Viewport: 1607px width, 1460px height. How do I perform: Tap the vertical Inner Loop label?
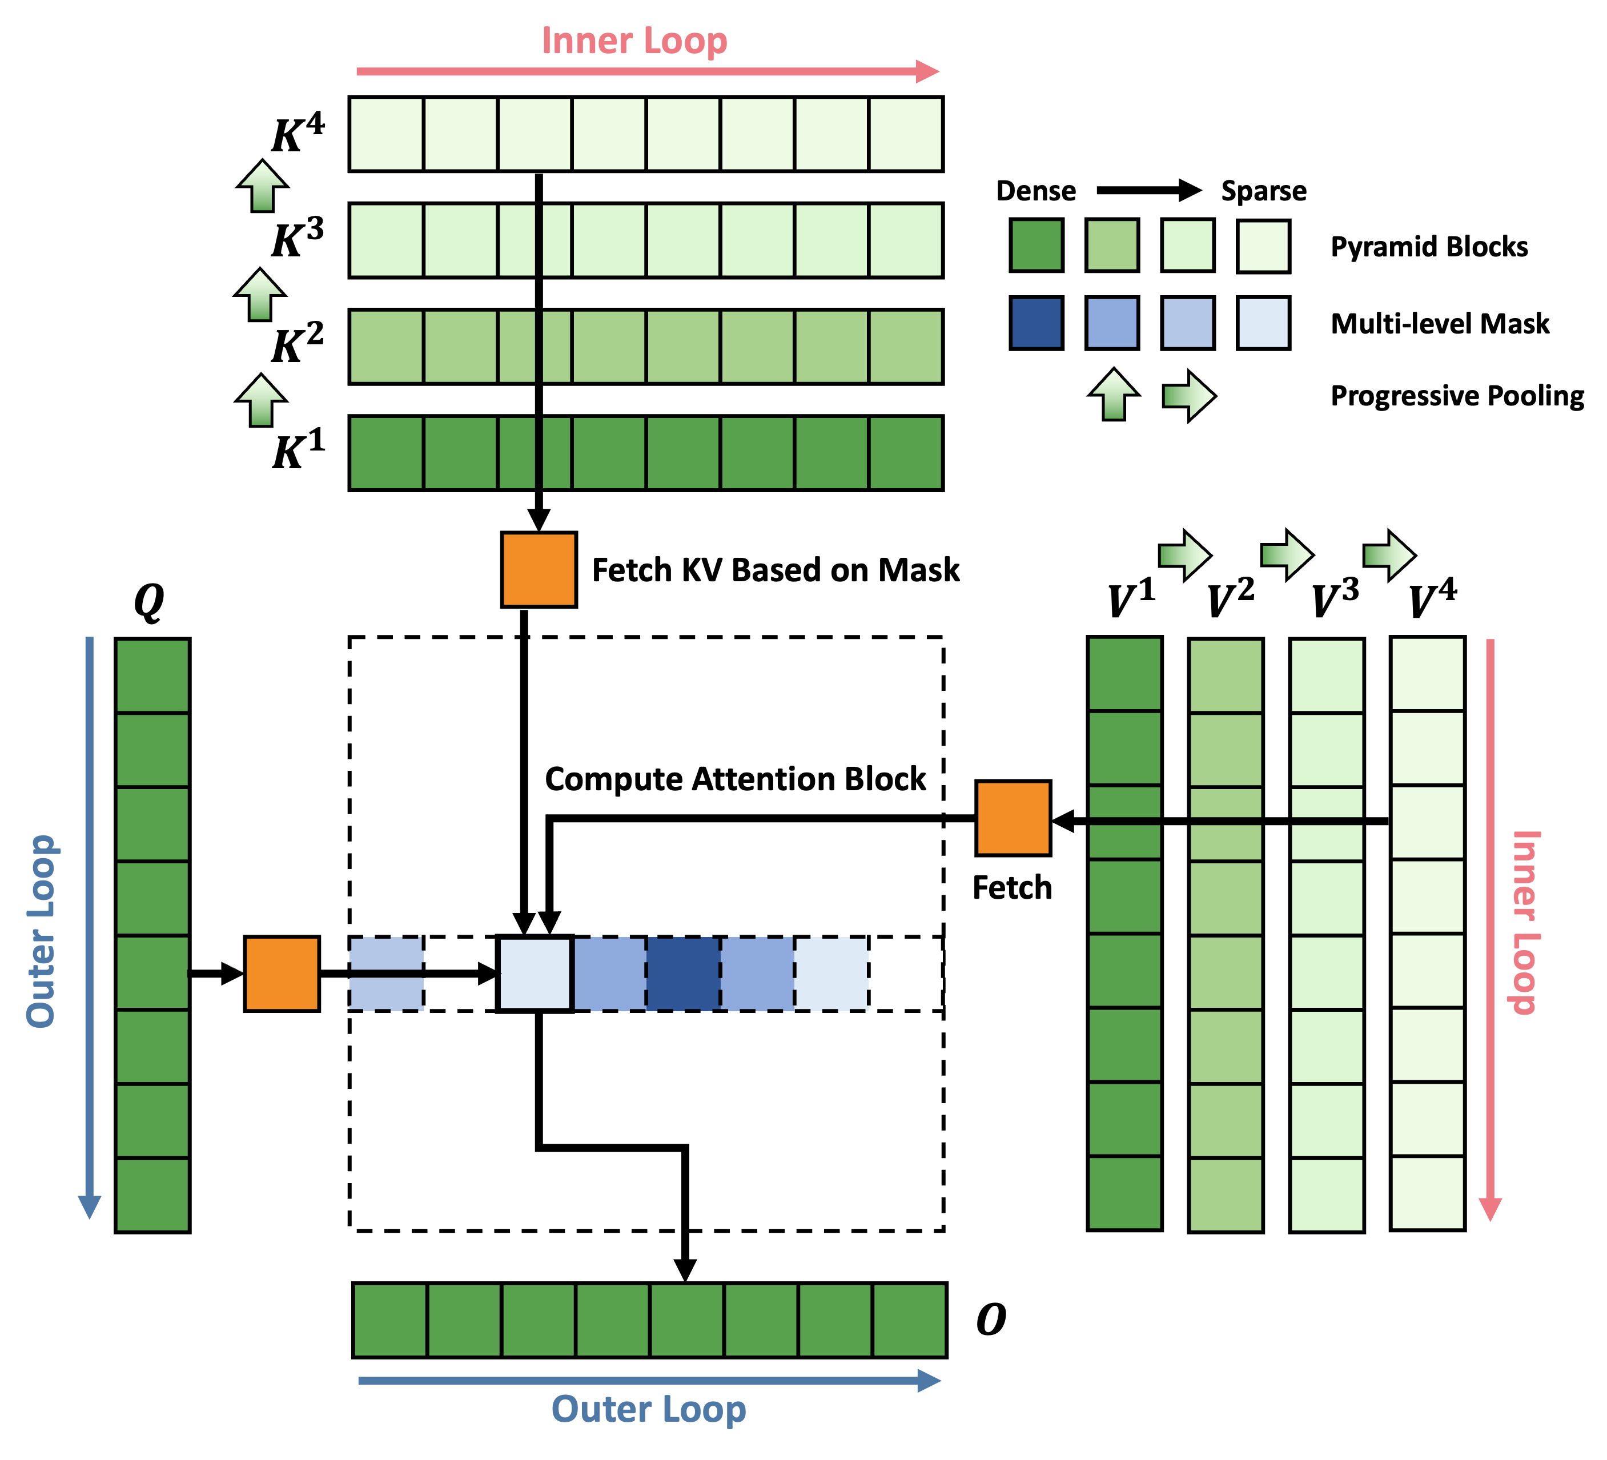[x=1525, y=922]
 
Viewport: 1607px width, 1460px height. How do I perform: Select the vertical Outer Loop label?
[x=42, y=931]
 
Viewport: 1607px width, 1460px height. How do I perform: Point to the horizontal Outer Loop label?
[x=648, y=1409]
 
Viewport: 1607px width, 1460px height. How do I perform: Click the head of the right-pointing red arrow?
[x=929, y=72]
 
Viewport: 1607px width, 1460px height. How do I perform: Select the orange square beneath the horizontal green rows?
[x=539, y=569]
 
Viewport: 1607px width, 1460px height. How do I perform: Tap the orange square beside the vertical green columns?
[x=1013, y=818]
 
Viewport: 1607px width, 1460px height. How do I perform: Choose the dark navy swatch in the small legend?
[x=1036, y=323]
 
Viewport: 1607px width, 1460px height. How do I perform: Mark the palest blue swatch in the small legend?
[x=1263, y=323]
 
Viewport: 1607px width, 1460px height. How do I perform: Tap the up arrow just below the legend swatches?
[x=1114, y=395]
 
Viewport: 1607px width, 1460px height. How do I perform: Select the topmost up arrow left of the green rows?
[x=262, y=187]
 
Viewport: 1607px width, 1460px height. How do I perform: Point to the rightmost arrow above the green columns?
[x=1389, y=556]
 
